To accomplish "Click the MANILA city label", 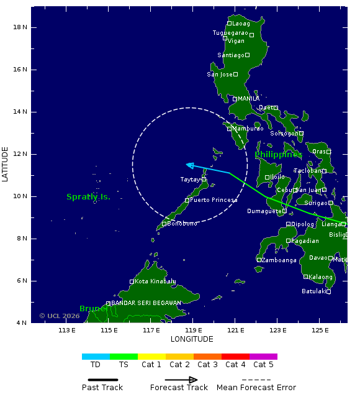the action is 249,99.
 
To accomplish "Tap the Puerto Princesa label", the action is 214,200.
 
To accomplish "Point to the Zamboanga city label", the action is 279,260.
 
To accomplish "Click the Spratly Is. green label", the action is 88,197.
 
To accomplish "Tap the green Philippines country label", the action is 277,154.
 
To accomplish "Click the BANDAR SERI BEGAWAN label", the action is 146,303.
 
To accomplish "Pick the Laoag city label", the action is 241,24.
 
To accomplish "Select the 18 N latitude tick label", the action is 21,27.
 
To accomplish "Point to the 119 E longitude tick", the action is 193,330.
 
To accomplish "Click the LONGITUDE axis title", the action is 192,339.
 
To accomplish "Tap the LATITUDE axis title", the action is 6,164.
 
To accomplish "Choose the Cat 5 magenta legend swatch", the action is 263,357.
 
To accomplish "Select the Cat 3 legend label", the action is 207,365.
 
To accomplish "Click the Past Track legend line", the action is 102,380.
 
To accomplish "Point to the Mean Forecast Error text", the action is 256,388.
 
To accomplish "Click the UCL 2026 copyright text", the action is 60,316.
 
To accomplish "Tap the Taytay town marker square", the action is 204,180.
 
